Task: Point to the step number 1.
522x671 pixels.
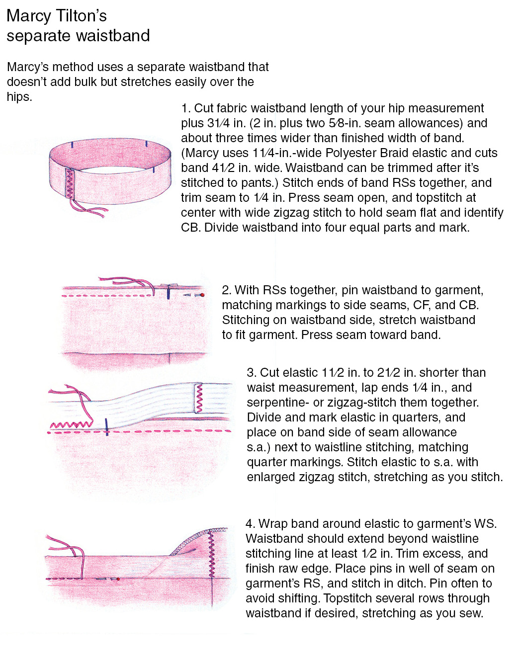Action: pyautogui.click(x=185, y=108)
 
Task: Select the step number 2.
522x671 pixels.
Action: pyautogui.click(x=226, y=290)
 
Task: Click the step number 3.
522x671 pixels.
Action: pyautogui.click(x=251, y=373)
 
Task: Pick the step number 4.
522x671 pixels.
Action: pyautogui.click(x=250, y=524)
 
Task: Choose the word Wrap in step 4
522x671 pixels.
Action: pyautogui.click(x=272, y=524)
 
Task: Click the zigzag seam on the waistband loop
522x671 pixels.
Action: pyautogui.click(x=70, y=183)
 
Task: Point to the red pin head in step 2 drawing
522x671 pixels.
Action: pyautogui.click(x=202, y=295)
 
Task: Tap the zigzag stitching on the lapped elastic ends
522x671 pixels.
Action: pyautogui.click(x=199, y=398)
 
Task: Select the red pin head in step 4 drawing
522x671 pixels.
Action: pyautogui.click(x=118, y=579)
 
